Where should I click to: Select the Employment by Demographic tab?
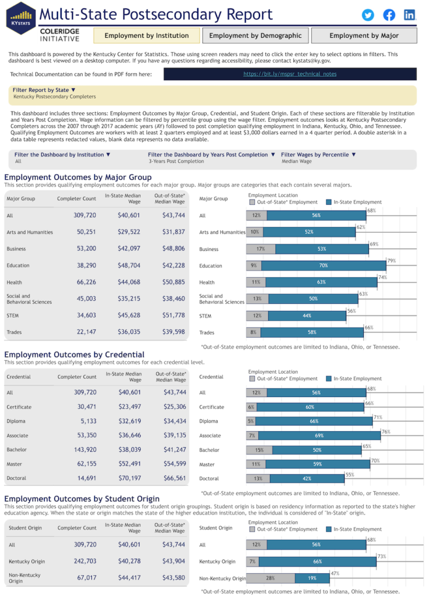coord(255,36)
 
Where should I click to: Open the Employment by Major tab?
coord(364,36)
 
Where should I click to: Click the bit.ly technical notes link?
coord(290,74)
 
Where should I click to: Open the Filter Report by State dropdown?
coord(44,90)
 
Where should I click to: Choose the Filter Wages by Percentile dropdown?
coord(318,155)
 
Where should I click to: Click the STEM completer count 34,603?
coord(84,315)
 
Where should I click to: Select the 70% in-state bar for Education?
coord(324,266)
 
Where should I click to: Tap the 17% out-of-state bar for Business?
coord(261,249)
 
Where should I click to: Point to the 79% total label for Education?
coord(392,261)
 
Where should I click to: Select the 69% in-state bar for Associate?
coord(318,435)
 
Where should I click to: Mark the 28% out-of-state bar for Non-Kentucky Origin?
coord(271,579)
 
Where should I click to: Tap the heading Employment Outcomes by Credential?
coord(74,354)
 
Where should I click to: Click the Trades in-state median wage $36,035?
coord(129,332)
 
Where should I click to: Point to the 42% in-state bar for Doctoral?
coord(307,479)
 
